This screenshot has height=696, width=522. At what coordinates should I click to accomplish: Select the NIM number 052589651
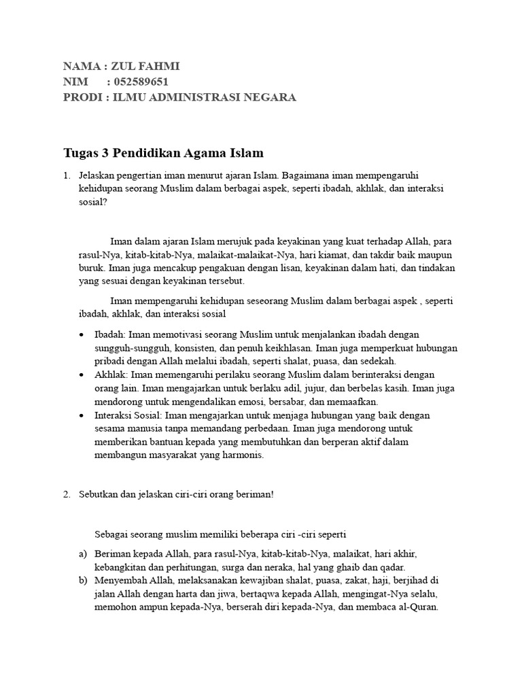(x=141, y=82)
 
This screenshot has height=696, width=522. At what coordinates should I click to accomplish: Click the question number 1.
(x=66, y=175)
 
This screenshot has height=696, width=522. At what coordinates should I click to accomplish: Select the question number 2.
(x=66, y=494)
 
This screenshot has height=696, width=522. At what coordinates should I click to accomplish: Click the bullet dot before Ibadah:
(x=82, y=334)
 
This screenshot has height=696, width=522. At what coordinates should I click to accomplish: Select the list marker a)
(x=82, y=555)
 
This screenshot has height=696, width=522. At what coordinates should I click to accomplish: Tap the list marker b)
(x=82, y=581)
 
